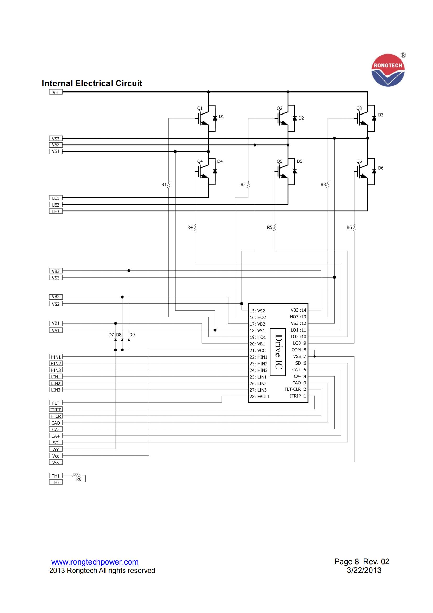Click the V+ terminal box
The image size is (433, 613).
[56, 92]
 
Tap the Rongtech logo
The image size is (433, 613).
[388, 70]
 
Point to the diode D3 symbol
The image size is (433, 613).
[374, 118]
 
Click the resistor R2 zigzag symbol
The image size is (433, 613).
[248, 185]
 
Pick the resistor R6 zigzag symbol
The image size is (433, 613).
[354, 227]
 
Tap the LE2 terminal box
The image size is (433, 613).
[56, 205]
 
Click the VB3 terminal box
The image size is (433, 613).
[56, 271]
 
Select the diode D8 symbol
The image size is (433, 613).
[122, 340]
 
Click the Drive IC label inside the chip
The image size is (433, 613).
[278, 352]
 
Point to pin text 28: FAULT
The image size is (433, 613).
[260, 397]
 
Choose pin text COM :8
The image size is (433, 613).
[299, 350]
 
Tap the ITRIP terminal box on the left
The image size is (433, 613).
[56, 410]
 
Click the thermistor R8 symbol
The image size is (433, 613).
[76, 475]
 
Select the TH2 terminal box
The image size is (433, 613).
[56, 482]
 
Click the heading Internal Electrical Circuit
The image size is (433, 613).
[92, 83]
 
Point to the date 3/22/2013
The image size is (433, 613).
[364, 570]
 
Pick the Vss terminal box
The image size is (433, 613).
[56, 462]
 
